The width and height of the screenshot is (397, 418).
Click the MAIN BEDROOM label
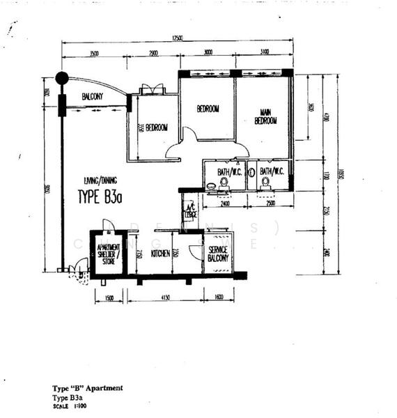[265, 116]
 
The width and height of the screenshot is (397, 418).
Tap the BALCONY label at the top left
[93, 96]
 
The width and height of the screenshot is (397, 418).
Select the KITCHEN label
[160, 254]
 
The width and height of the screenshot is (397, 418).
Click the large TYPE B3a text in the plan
[100, 197]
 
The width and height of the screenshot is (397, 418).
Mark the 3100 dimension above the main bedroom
[265, 53]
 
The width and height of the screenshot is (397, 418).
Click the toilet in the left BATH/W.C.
[224, 183]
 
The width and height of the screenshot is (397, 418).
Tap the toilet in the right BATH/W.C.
[265, 183]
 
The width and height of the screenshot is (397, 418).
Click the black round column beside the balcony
[62, 78]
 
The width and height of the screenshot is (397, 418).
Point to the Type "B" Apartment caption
[88, 388]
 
